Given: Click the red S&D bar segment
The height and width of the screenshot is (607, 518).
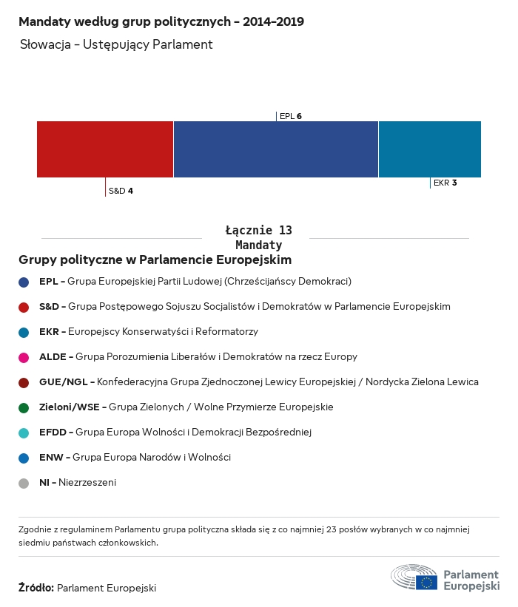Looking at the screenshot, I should pos(105,149).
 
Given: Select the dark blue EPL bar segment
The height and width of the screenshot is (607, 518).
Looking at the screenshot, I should pos(275,149).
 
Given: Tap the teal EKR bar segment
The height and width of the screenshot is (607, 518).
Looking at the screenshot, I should pos(429,149).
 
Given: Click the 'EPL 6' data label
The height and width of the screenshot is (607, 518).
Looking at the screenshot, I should pos(290,116).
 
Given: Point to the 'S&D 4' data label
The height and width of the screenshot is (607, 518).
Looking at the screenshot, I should pos(121,191).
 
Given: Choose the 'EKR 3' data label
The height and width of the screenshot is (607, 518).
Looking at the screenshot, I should pos(445,183).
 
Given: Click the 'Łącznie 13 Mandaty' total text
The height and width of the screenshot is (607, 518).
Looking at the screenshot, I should pos(258,237).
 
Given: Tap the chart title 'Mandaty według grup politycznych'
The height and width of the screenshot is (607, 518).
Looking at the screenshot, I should pos(161,21).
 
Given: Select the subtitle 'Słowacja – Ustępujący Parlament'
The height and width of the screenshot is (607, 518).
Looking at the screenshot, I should pos(116,44).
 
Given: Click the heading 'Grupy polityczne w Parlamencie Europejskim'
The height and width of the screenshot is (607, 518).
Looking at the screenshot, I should pos(155,260).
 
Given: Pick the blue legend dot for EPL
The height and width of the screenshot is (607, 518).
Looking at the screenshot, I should pos(24,282).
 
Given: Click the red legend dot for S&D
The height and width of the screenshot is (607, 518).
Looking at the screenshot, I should pos(24,307).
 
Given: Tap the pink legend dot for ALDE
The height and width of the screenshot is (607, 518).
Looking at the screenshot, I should pos(24,357).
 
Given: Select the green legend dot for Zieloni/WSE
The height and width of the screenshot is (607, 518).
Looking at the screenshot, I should pos(24,407).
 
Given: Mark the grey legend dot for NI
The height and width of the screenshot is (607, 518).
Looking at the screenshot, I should pos(24,483).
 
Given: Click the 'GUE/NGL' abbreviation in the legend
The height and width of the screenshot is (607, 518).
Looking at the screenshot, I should pos(64,382).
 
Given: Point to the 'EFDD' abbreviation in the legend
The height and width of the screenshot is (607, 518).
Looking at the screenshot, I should pos(53,433).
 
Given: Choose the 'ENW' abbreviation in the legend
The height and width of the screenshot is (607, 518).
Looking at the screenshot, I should pos(51,458).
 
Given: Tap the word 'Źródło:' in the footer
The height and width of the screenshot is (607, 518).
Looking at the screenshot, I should pos(36,588).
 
